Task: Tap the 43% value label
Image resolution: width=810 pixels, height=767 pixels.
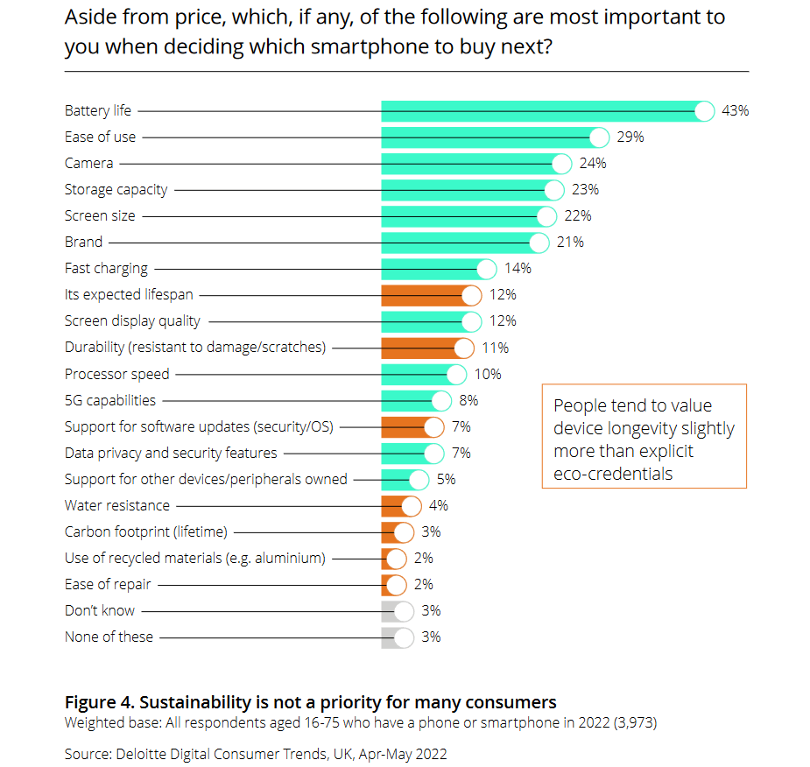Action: (735, 111)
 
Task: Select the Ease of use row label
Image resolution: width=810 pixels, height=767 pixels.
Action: (100, 137)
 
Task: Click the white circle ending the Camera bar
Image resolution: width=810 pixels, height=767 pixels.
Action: (562, 164)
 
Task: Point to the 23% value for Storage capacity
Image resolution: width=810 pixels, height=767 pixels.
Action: (585, 190)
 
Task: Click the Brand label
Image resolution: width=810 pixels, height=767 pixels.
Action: (83, 243)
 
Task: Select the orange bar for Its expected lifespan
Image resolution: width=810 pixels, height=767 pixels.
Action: (425, 295)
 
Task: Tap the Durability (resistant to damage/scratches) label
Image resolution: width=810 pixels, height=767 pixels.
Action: (194, 348)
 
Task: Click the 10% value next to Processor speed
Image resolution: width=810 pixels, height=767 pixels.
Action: (488, 374)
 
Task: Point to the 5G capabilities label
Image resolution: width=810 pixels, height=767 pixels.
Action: (110, 400)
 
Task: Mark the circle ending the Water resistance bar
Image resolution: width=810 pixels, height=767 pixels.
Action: (412, 505)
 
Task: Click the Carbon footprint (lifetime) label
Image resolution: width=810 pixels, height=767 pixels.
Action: (145, 531)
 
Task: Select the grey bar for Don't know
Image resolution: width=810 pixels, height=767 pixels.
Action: (391, 610)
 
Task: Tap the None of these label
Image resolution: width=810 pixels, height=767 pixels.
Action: (109, 637)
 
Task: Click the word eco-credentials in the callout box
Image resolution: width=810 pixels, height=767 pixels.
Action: (613, 474)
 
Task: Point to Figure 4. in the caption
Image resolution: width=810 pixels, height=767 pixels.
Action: (99, 702)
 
